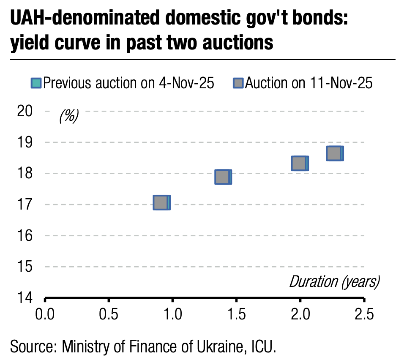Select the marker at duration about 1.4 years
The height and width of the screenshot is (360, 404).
[223, 177]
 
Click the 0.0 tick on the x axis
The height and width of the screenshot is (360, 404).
[45, 315]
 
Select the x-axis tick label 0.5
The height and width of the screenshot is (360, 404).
[109, 315]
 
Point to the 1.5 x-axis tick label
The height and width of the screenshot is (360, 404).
[236, 315]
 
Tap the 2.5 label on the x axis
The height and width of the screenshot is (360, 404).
[363, 315]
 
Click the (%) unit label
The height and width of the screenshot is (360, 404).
[68, 115]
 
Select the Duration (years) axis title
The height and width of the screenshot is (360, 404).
[334, 281]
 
